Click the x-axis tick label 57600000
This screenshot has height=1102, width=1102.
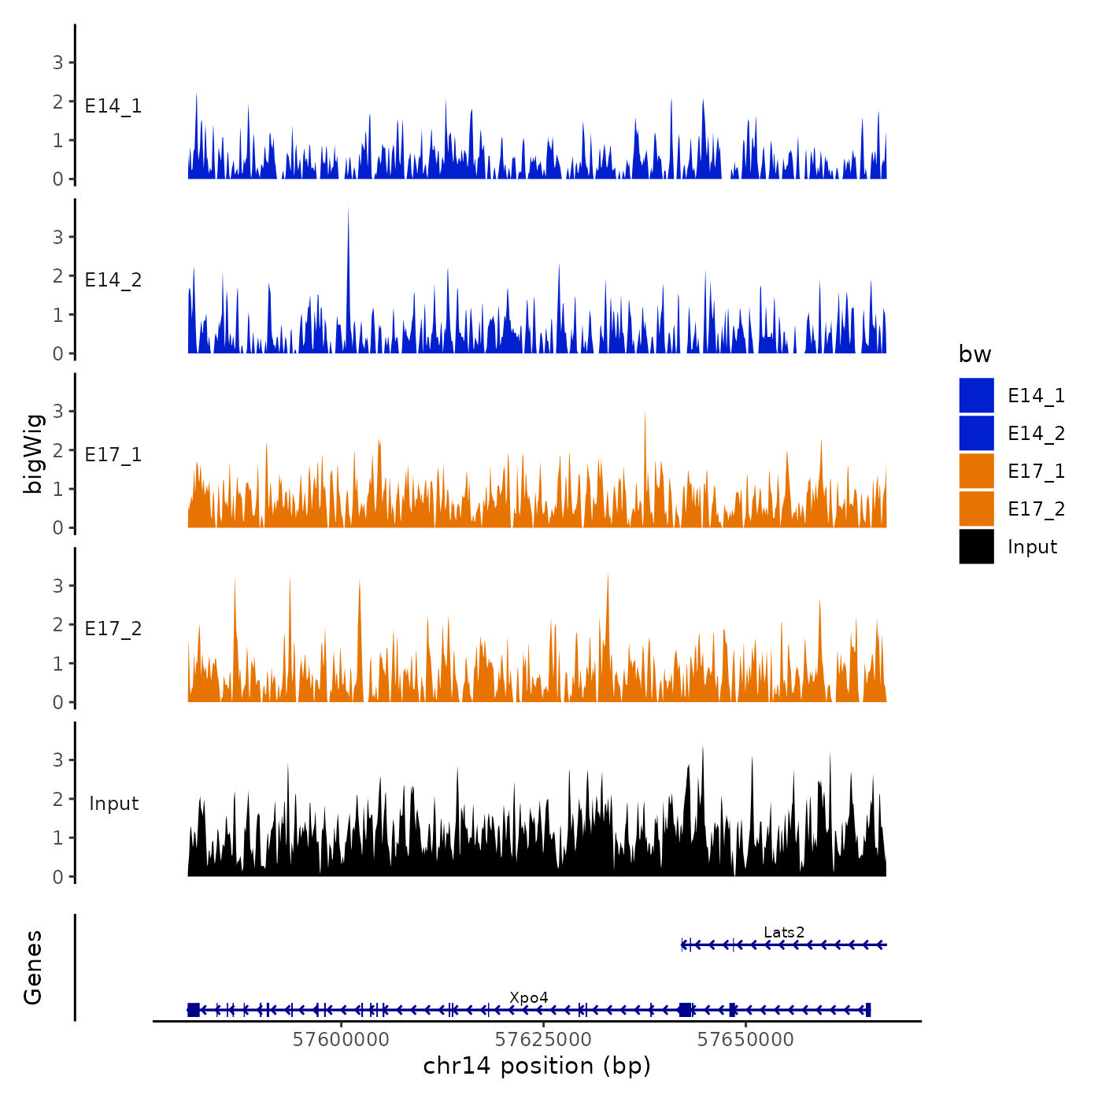point(341,1039)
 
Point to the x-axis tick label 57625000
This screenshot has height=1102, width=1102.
point(543,1039)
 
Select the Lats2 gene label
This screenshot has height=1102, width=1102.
point(784,933)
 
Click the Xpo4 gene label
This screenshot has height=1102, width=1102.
point(529,998)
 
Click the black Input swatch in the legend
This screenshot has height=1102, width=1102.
point(976,546)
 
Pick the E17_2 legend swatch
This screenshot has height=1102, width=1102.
point(976,508)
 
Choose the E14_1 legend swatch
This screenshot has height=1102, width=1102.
point(976,395)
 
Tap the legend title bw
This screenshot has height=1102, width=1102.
point(974,354)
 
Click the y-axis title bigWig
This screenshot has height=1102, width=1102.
point(33,453)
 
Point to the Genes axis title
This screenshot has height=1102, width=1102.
point(33,967)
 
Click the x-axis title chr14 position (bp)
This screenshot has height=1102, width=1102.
point(537,1066)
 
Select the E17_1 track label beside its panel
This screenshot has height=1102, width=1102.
point(113,454)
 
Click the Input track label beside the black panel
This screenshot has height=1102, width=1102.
point(113,803)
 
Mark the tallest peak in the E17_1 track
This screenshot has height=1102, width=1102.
point(645,414)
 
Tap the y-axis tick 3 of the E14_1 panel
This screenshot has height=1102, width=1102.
point(57,62)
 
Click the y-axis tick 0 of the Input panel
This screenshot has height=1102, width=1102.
point(57,877)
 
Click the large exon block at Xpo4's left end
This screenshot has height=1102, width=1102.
point(194,1010)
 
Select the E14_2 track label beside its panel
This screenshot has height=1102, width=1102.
point(113,279)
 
